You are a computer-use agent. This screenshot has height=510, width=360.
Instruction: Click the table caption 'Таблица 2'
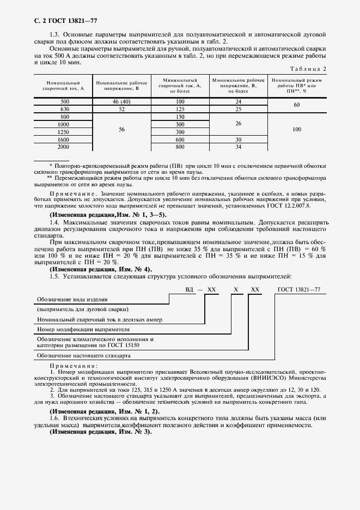point(308,69)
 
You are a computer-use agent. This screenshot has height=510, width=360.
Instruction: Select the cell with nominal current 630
point(65,109)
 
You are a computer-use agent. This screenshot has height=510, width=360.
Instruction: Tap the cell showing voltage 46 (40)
point(122,102)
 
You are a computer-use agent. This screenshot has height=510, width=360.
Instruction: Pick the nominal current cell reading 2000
point(65,147)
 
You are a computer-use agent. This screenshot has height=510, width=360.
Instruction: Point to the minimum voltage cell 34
point(238,147)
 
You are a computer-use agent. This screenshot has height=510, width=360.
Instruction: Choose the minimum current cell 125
point(180,109)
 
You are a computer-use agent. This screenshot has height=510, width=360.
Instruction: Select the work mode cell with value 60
point(296,105)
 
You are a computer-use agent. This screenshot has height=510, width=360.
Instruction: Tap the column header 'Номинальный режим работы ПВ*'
point(296,84)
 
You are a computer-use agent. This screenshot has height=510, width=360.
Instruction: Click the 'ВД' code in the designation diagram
point(189,290)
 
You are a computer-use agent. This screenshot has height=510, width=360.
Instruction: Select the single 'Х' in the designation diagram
point(235,290)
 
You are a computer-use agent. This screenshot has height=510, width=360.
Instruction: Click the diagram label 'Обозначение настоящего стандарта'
point(83,355)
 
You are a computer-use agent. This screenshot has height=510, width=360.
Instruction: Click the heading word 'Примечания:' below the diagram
point(74,365)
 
